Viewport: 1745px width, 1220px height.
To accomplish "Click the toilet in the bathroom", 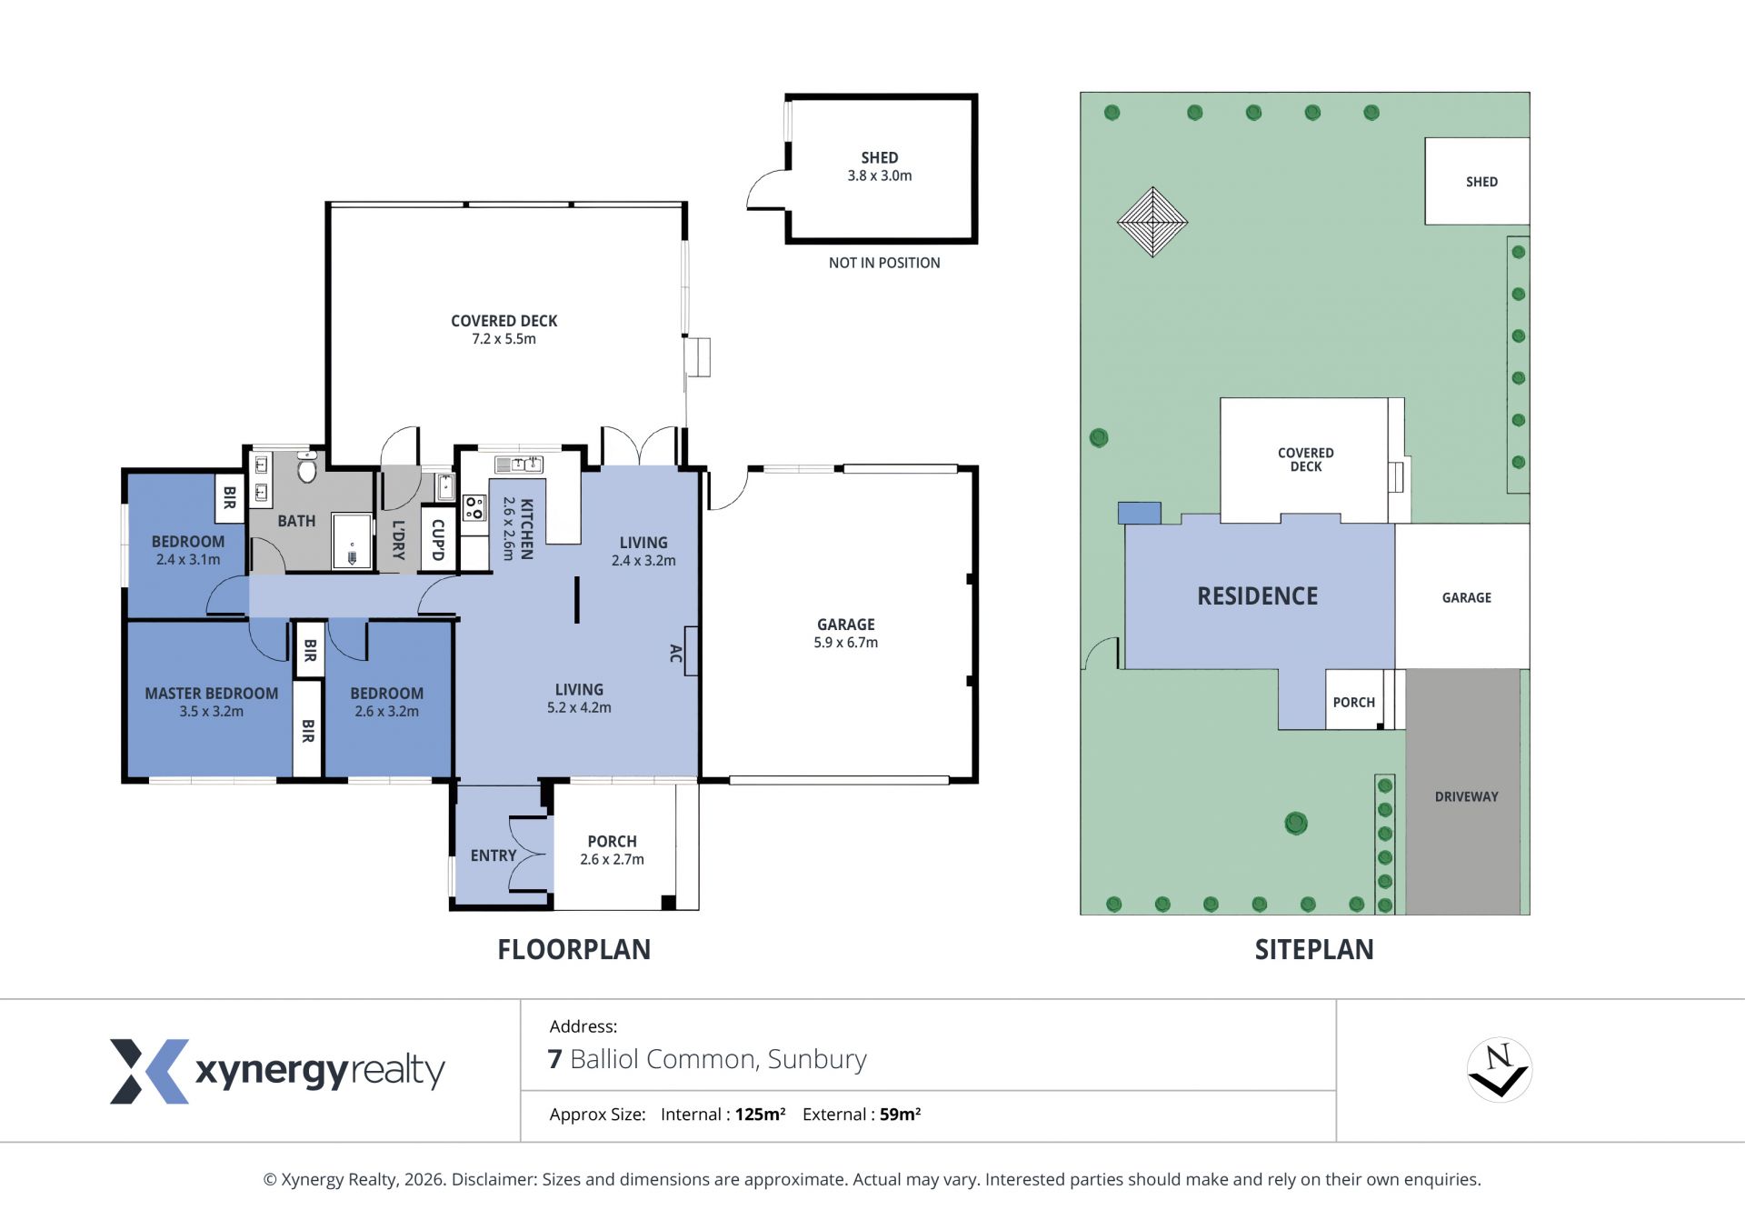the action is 307,466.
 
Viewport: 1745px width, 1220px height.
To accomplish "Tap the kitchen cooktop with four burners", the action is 474,507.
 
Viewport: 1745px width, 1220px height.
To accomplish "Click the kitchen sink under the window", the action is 518,465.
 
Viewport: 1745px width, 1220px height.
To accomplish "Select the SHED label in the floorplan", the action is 880,158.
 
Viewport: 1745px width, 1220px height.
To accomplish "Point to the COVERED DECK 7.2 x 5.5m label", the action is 504,330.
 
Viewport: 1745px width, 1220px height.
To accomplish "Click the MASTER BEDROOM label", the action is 212,694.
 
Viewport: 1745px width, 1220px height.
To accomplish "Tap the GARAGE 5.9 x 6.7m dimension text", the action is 846,643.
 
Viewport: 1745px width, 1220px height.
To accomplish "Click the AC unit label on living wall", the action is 675,653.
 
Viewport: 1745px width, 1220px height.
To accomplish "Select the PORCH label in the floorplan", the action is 613,842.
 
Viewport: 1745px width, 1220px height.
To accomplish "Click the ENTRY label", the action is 494,855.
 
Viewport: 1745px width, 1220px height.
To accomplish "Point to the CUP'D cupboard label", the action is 438,540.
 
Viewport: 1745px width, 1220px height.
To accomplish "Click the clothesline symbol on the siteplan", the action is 1152,222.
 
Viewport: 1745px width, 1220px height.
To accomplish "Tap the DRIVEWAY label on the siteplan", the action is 1467,796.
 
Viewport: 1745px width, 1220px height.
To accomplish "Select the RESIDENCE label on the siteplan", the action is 1258,596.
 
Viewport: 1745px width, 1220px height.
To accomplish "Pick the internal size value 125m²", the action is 760,1115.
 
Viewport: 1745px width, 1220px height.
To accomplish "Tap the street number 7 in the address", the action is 554,1060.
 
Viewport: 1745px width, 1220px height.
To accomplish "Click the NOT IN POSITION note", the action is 884,263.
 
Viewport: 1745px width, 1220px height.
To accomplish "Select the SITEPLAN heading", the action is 1314,950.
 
